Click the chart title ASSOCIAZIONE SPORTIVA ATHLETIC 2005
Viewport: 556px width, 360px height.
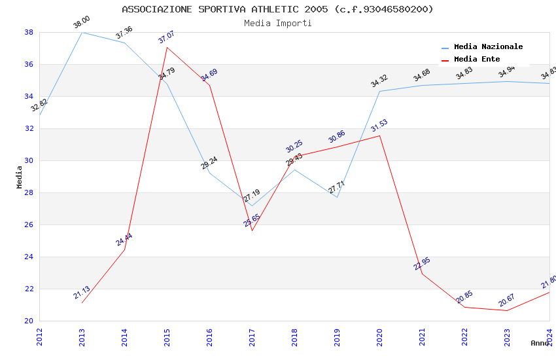[277, 9]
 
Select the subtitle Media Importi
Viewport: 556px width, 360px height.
[277, 23]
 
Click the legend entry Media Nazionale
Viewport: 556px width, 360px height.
[488, 46]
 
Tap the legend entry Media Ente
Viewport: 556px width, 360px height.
[477, 59]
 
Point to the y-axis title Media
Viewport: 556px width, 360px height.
[20, 177]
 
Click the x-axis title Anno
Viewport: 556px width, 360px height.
[540, 343]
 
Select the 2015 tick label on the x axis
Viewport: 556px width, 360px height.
[167, 337]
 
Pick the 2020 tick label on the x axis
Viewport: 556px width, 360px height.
[379, 337]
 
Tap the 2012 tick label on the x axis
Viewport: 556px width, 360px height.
[39, 337]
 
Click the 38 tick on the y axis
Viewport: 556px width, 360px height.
[29, 32]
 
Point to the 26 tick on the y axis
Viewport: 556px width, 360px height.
[29, 225]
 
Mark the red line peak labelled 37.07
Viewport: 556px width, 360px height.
[167, 47]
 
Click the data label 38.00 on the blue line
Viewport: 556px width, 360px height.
[82, 23]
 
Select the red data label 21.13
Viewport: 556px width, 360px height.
[82, 293]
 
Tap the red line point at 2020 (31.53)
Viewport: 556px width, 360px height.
[379, 135]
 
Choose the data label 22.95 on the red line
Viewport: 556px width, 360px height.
[422, 264]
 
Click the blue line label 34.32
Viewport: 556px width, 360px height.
[379, 81]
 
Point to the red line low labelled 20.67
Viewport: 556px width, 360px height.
[507, 310]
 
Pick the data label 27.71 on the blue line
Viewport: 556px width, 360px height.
[337, 187]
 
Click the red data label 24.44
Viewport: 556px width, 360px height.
[124, 240]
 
